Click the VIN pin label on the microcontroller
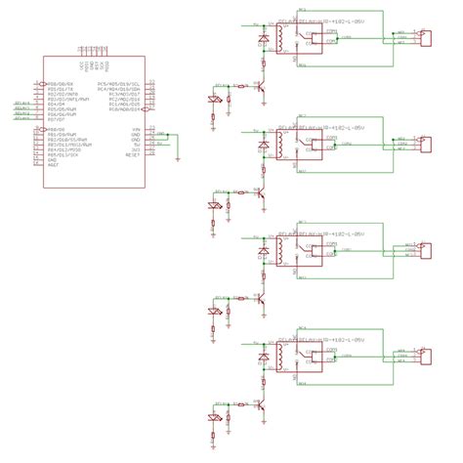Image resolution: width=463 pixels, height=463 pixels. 137,128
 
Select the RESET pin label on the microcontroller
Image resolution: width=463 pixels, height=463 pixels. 136,154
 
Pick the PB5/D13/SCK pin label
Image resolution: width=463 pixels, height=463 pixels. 59,154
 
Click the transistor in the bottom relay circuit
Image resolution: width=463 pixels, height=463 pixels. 261,402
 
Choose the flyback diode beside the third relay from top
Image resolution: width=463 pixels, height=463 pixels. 262,253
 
